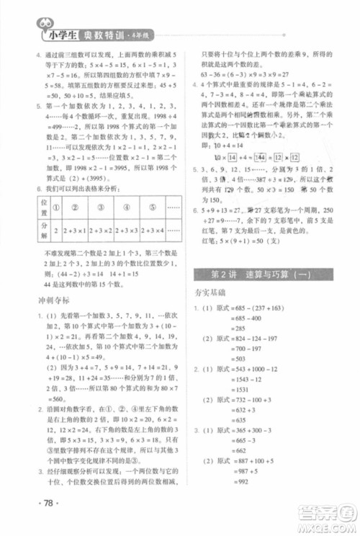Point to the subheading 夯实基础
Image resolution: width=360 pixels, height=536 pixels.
[x=212, y=294]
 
